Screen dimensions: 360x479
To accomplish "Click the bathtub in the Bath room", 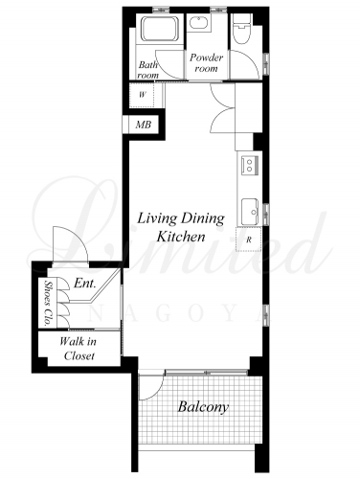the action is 159,29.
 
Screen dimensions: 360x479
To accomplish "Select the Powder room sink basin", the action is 199,23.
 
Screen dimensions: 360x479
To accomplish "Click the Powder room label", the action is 206,62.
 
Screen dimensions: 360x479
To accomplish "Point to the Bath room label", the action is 147,70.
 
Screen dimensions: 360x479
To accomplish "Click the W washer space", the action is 142,95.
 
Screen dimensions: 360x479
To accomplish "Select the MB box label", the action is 144,125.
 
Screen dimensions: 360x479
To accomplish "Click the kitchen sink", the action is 250,212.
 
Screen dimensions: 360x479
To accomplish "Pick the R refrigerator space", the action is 249,239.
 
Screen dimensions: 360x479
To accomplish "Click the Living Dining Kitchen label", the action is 181,227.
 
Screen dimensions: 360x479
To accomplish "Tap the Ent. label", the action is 85,283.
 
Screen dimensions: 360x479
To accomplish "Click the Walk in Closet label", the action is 79,349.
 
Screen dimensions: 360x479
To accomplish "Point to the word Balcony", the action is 203,407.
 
